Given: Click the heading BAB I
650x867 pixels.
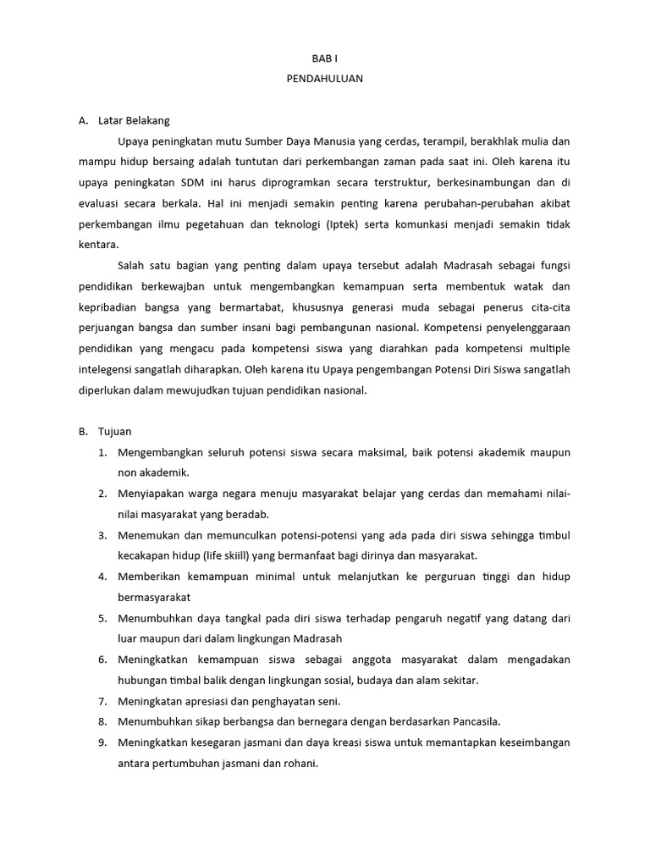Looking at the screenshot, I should coord(324,58).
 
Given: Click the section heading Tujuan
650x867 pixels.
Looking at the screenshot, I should coord(115,432).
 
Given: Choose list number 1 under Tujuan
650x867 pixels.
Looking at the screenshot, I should coord(102,453).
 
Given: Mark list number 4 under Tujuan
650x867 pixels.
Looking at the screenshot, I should coord(102,577).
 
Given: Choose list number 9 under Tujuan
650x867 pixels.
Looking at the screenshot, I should coord(102,743).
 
